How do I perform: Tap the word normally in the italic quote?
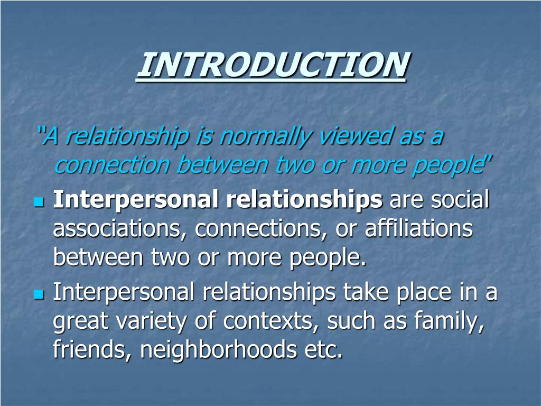(263, 137)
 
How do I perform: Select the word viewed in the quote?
(351, 137)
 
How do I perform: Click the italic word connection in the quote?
(111, 165)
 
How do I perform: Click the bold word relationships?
(305, 200)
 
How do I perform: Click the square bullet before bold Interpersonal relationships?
(38, 202)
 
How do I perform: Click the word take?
(364, 292)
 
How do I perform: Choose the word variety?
(158, 321)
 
